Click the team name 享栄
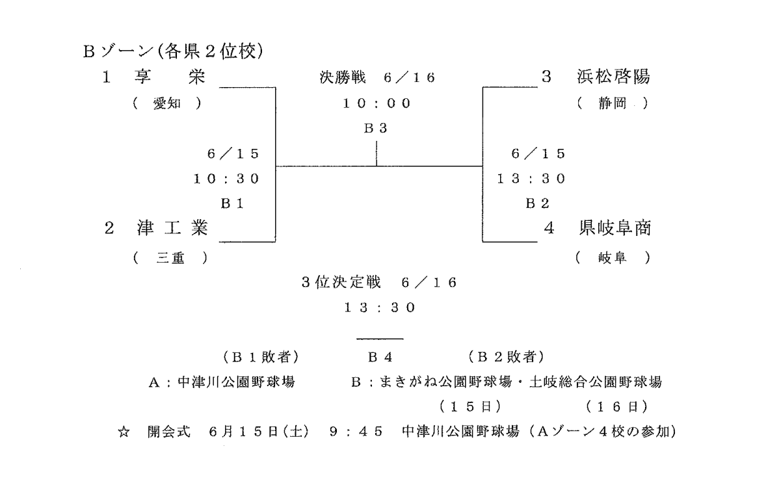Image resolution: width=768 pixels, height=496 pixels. [170, 77]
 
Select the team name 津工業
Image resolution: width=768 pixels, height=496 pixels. [173, 228]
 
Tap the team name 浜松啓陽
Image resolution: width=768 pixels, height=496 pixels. [614, 77]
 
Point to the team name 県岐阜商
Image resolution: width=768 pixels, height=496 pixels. [615, 228]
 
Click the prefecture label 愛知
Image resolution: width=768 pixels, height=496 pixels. [167, 103]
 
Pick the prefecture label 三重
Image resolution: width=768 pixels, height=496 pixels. [170, 257]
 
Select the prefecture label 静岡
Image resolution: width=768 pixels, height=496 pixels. [613, 103]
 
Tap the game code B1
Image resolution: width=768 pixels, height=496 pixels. [232, 203]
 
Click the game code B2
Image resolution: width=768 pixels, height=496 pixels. [537, 203]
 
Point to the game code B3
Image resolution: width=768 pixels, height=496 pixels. [376, 128]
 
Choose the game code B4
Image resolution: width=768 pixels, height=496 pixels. [380, 358]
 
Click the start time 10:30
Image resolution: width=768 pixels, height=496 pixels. [226, 179]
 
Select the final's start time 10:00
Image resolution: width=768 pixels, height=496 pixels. [376, 103]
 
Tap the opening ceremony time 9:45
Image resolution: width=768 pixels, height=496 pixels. [356, 432]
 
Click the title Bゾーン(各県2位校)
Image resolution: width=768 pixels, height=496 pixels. [174, 51]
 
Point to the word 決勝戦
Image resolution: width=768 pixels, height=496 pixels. [342, 77]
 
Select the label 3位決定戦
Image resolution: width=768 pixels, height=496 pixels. [341, 283]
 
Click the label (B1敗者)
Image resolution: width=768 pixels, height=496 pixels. [261, 358]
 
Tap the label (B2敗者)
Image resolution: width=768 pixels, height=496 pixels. [507, 358]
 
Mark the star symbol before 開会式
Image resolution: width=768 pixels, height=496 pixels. [124, 432]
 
